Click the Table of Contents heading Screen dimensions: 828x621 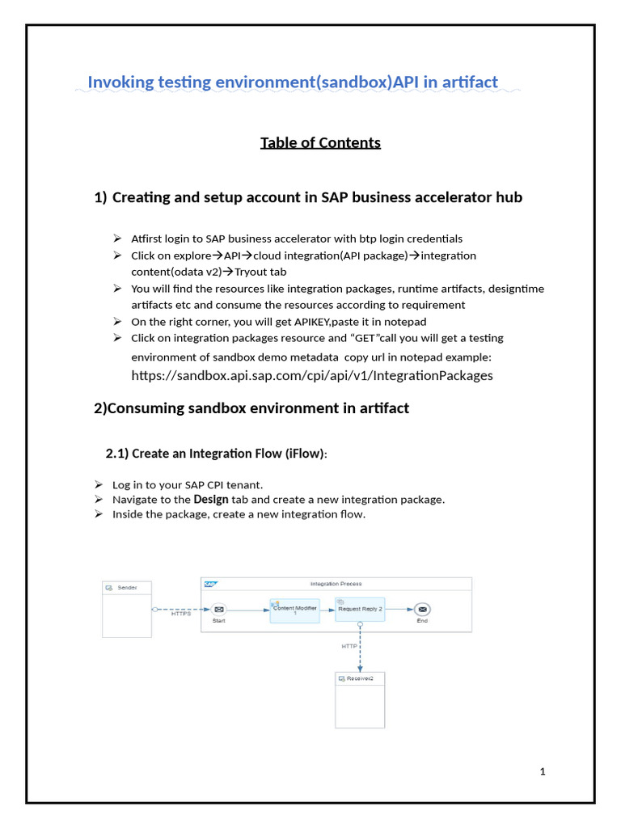[320, 143]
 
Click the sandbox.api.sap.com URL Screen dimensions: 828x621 [311, 375]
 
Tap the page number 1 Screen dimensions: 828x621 [543, 771]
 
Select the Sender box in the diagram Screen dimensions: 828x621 [127, 609]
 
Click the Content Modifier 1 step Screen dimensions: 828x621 [294, 610]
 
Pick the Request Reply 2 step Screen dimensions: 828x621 [360, 609]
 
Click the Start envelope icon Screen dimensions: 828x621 [218, 609]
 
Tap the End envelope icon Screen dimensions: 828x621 [422, 609]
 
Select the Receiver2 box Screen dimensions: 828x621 [360, 699]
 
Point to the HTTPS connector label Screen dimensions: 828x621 [181, 614]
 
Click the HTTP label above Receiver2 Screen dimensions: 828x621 [349, 645]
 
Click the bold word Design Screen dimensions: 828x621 [211, 500]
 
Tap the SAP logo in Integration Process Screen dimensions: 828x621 [211, 584]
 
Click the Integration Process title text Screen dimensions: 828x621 [336, 584]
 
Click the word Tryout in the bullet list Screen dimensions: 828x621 [251, 272]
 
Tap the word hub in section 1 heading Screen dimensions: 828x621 [510, 197]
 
